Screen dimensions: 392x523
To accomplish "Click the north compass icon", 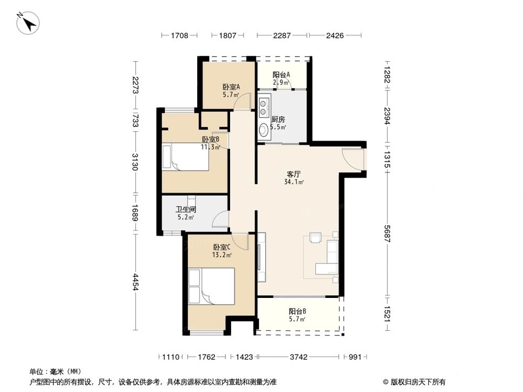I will click(x=28, y=23).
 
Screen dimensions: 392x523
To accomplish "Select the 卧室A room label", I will click(x=231, y=87).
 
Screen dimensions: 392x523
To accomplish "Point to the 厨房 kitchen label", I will click(x=278, y=119).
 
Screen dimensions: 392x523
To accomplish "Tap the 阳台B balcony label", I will click(x=297, y=312).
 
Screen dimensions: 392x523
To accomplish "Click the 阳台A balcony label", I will click(x=281, y=75).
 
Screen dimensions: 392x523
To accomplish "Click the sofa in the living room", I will click(x=328, y=257).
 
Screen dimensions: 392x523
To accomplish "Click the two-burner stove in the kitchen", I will click(x=264, y=101).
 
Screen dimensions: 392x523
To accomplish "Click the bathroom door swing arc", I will click(x=221, y=220).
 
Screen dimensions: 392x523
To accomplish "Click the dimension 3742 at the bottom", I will click(x=299, y=357).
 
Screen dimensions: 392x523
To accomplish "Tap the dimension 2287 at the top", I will click(x=282, y=36).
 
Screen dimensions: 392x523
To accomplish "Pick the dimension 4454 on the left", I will click(x=135, y=282).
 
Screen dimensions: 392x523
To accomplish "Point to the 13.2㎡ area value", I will click(x=223, y=255).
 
